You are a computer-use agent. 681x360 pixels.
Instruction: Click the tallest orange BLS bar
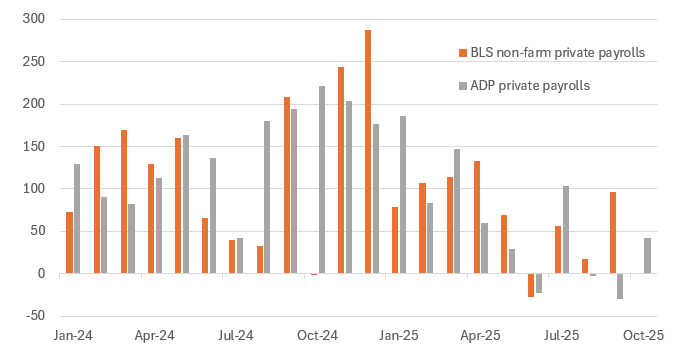(368, 151)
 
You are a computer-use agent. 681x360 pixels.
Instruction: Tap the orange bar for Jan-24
(69, 242)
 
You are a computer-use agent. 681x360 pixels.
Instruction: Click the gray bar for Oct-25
(647, 255)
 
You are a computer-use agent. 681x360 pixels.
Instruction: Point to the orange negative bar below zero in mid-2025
(531, 284)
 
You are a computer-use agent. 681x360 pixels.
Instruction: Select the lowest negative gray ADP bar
(620, 285)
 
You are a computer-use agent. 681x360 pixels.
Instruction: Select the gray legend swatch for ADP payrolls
(462, 86)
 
